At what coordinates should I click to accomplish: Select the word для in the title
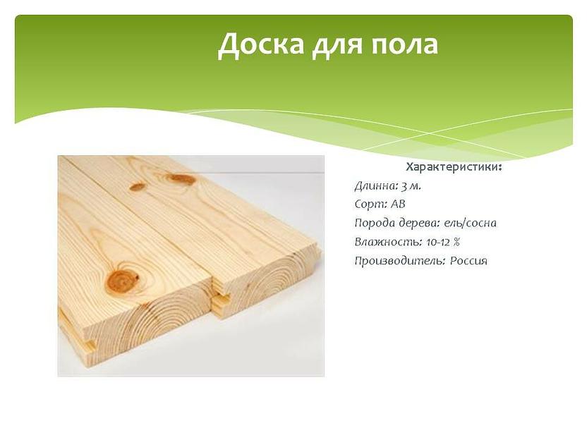(x=336, y=45)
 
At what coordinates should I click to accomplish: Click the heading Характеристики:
(x=454, y=167)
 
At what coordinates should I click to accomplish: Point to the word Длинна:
(x=375, y=186)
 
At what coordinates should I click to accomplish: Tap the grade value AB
(x=398, y=204)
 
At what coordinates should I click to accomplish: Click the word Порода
(x=374, y=224)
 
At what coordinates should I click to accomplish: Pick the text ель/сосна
(x=471, y=224)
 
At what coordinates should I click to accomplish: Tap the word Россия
(x=469, y=261)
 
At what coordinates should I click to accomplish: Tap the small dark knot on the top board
(x=138, y=187)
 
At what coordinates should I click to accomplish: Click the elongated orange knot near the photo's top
(x=182, y=179)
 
